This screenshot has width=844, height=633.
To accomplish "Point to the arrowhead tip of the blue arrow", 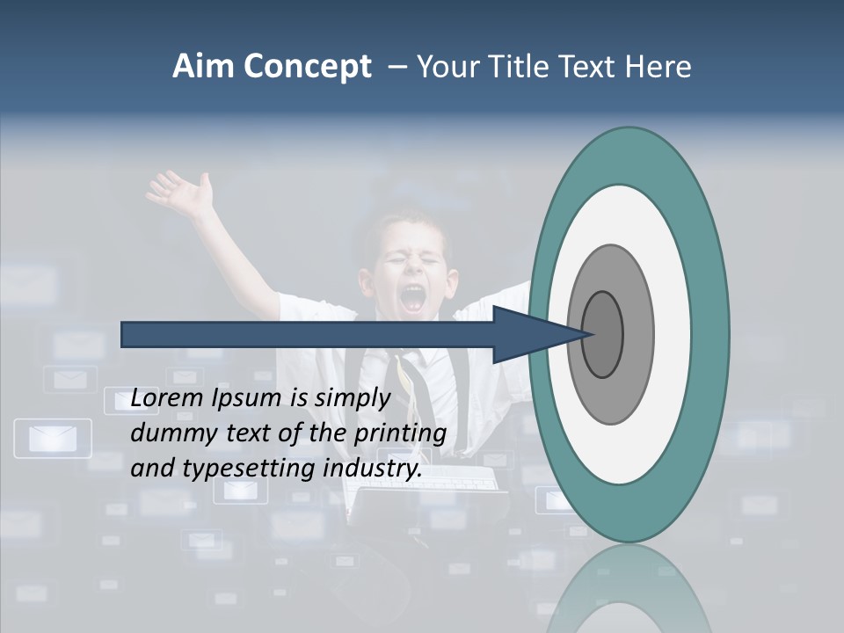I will [588, 334].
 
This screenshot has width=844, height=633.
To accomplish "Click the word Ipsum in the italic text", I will [250, 399].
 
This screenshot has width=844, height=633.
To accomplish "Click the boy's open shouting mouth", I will [411, 299].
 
